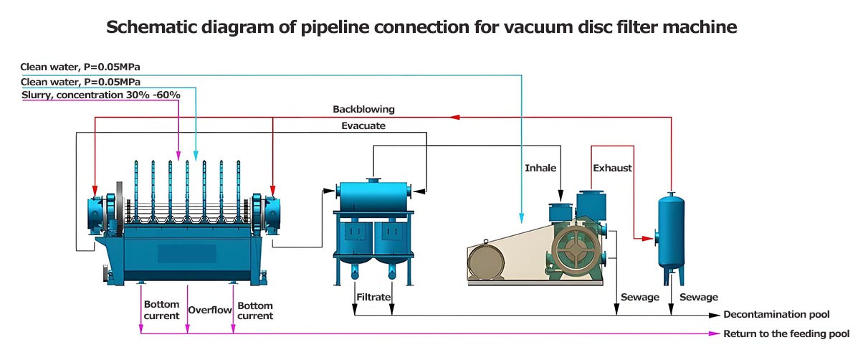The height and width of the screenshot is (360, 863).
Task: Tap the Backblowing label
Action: [x=363, y=110]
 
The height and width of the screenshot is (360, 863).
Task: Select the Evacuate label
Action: [x=363, y=125]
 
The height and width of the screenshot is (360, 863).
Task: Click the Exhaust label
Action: [x=612, y=168]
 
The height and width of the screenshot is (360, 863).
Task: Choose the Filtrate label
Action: [x=373, y=296]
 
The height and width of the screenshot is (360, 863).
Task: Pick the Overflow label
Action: [x=210, y=311]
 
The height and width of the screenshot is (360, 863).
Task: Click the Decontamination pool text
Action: [x=776, y=315]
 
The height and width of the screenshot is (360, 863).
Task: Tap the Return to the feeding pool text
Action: [x=786, y=333]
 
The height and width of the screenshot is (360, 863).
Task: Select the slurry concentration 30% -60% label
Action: [x=101, y=95]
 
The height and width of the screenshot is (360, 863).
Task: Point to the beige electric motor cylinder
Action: [x=487, y=262]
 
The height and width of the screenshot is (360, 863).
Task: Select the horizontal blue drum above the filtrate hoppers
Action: [x=373, y=195]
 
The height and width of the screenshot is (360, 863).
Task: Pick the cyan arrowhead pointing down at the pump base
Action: [x=522, y=214]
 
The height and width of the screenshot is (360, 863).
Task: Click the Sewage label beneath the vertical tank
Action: [x=698, y=297]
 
